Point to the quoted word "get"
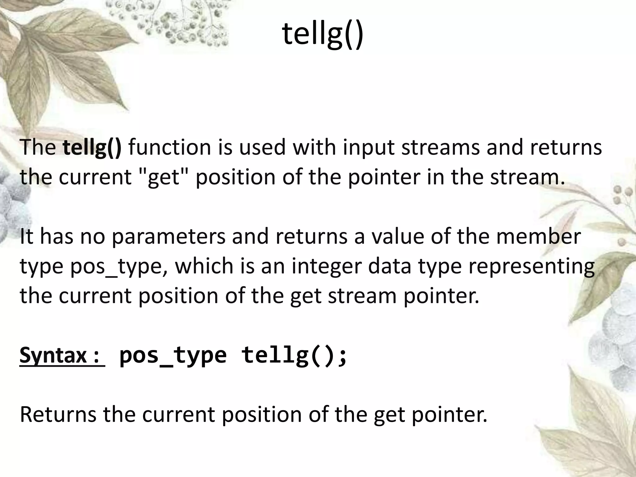[x=163, y=177]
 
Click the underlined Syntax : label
[x=61, y=355]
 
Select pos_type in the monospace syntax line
[x=173, y=355]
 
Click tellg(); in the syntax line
[x=294, y=355]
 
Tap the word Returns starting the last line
[x=58, y=414]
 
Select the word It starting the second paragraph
[x=26, y=237]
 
